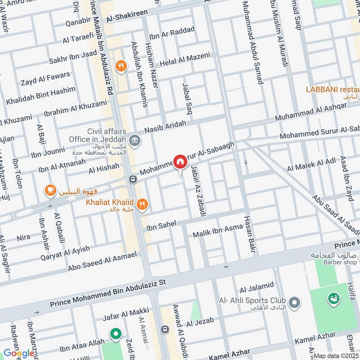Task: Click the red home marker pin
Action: pos(180,162)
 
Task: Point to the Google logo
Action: pos(19,353)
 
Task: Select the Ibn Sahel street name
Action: pos(163,226)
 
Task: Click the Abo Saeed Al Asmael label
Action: pos(102,261)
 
